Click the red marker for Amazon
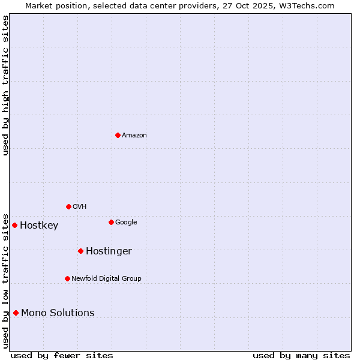[118, 135]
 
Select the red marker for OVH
[68, 206]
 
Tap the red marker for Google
[111, 222]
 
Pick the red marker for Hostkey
[14, 225]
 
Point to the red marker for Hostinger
[80, 251]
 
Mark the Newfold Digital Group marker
[67, 278]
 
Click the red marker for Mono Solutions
[16, 313]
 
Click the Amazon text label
[134, 136]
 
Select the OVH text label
[80, 207]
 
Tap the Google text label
[126, 223]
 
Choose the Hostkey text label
[39, 226]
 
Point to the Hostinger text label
[109, 251]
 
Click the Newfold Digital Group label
[106, 279]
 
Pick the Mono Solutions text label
[58, 313]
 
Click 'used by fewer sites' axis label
[62, 356]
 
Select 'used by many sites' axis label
[301, 356]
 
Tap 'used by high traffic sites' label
[5, 85]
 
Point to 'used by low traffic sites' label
[5, 280]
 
